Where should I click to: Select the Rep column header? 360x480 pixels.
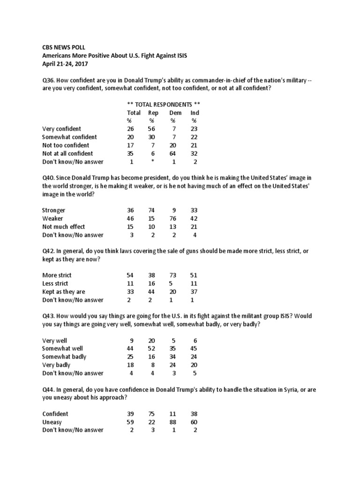click(153, 112)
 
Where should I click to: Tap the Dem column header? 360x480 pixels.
click(175, 112)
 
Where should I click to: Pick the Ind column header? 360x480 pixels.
click(195, 112)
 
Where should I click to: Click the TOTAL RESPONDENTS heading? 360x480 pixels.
click(164, 104)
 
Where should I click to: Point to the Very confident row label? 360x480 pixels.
click(61, 129)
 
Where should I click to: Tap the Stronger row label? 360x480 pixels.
click(54, 210)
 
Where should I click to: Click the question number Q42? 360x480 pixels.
click(48, 251)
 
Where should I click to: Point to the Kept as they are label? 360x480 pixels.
click(64, 292)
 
